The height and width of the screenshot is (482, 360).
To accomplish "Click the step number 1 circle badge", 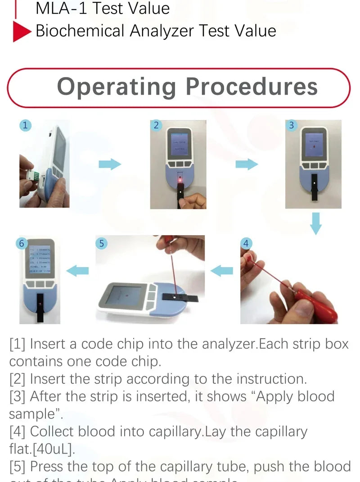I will click(25, 126).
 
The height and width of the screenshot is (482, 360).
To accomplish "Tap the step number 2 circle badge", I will click(156, 126).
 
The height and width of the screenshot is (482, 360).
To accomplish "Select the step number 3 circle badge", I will click(291, 125).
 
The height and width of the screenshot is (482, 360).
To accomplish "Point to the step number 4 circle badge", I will click(246, 243).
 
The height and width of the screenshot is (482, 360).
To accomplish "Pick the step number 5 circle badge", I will click(102, 243).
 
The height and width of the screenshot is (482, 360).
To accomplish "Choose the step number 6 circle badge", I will click(21, 243).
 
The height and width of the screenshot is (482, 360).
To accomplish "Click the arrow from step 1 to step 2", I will click(110, 164).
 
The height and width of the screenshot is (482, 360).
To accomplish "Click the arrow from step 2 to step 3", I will click(247, 164).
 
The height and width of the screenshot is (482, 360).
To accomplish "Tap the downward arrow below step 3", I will click(316, 224).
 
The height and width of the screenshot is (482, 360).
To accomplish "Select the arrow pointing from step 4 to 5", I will click(222, 271).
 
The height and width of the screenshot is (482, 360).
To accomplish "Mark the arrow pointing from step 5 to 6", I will click(77, 271).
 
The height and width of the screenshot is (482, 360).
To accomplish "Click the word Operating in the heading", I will click(117, 86).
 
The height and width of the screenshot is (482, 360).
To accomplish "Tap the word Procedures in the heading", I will click(252, 86).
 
